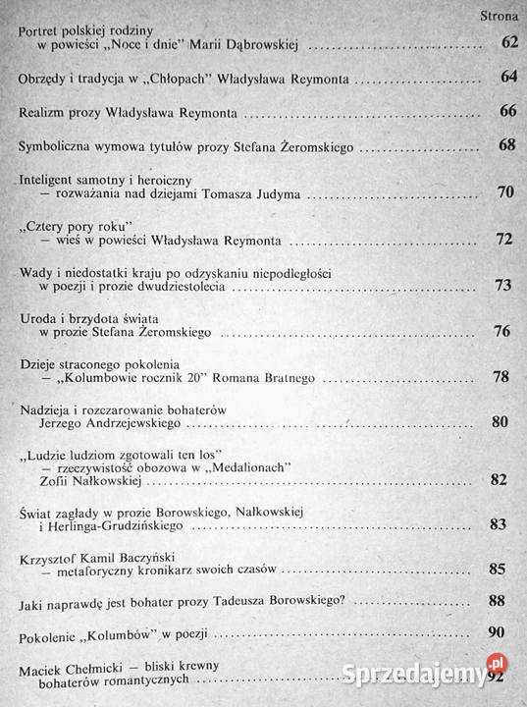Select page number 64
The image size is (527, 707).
coord(507,76)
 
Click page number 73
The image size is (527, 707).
coord(504,286)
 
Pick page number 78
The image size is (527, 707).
coord(501,378)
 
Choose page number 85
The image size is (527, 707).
coord(497,568)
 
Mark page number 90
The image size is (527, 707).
coord(496,633)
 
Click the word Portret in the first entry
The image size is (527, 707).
coord(41,30)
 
